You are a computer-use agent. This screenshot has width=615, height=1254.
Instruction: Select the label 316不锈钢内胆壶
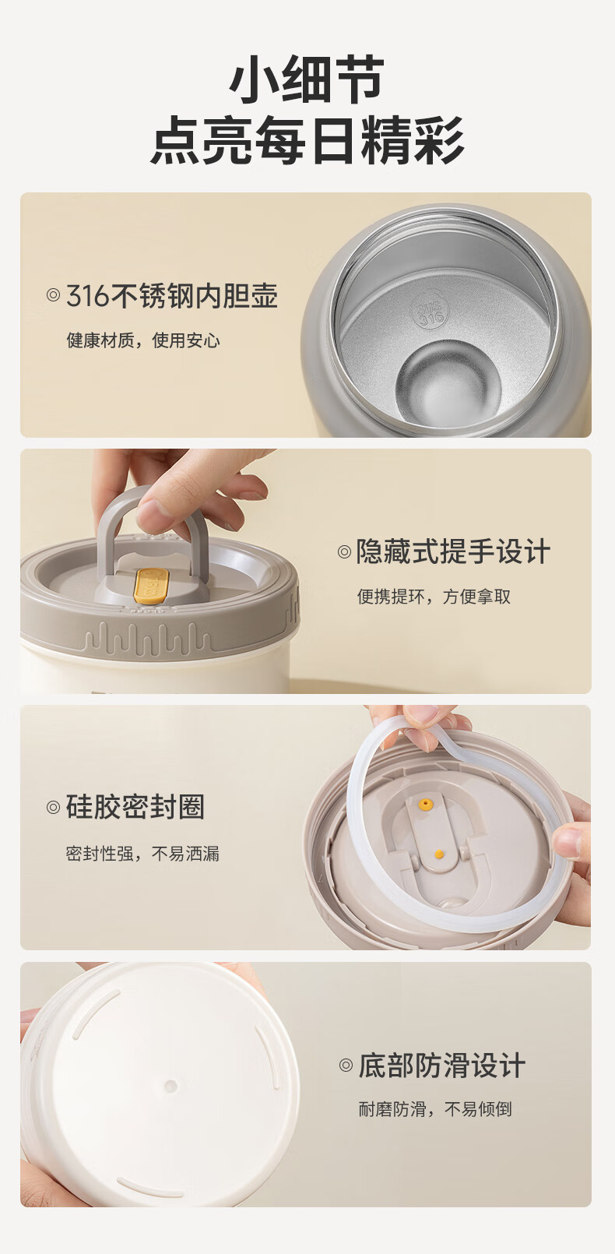(172, 296)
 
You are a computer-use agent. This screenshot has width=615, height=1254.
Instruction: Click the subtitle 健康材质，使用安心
(143, 340)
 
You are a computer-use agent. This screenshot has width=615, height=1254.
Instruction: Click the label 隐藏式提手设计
(453, 551)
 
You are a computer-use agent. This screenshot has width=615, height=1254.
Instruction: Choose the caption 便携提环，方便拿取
(434, 597)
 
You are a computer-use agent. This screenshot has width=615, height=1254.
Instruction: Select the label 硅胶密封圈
(135, 807)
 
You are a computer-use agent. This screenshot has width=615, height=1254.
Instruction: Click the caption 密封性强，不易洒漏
(142, 854)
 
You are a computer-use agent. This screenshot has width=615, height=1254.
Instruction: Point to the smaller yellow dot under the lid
(439, 854)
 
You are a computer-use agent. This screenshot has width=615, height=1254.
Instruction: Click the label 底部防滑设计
(442, 1065)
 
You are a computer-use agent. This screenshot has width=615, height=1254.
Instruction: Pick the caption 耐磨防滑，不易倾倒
(435, 1109)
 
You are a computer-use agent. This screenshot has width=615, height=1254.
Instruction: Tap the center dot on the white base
(170, 1086)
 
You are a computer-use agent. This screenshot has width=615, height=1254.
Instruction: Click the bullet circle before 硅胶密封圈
(53, 807)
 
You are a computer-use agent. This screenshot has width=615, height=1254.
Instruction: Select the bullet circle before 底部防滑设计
(346, 1066)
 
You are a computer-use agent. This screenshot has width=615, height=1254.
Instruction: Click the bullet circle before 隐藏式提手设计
(344, 552)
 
